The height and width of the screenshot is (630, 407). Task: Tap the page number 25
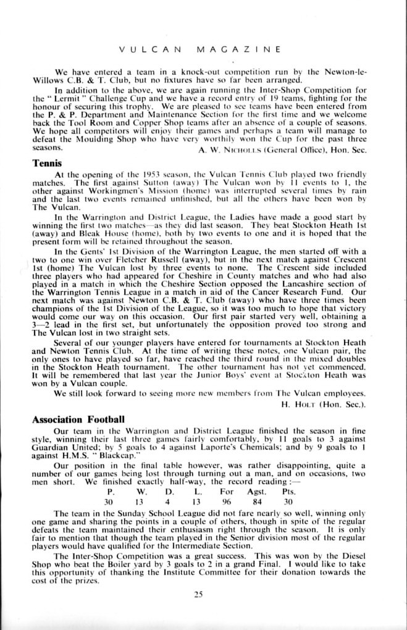coord(198,595)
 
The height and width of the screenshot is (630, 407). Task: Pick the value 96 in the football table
coord(227,502)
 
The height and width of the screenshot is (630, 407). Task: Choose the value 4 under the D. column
coord(168,502)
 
